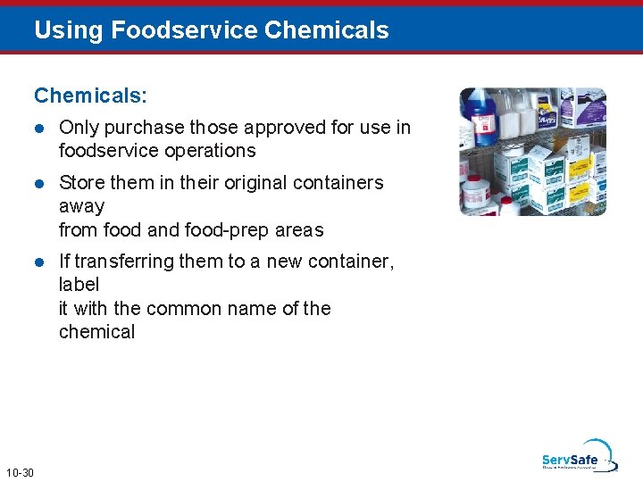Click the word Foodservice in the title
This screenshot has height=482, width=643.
click(x=184, y=30)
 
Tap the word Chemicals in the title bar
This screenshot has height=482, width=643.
click(x=327, y=30)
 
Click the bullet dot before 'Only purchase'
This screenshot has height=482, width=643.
click(x=39, y=128)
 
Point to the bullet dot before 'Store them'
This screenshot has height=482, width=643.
click(x=39, y=183)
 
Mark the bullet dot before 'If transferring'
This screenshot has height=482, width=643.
click(x=39, y=262)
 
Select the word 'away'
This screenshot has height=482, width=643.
click(x=81, y=206)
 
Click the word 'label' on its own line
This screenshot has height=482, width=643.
click(x=79, y=285)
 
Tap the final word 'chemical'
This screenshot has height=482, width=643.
click(x=96, y=331)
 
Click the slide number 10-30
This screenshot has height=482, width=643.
click(x=19, y=471)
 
